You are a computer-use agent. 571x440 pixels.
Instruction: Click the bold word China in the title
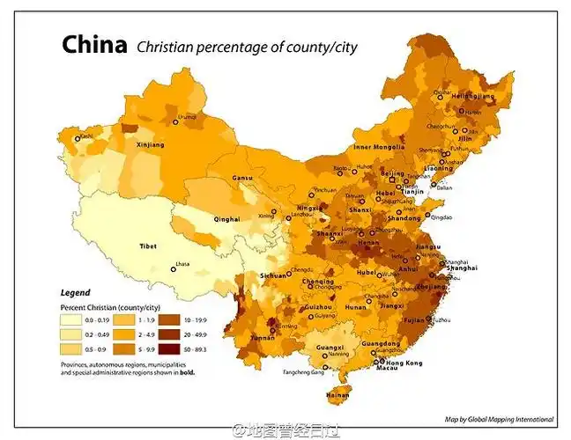tap(94, 46)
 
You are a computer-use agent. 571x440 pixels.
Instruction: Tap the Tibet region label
tap(148, 246)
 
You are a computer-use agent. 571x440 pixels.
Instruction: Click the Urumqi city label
tap(187, 116)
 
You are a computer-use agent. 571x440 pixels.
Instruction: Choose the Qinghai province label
tap(226, 218)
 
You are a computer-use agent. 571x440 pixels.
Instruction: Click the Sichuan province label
tap(273, 275)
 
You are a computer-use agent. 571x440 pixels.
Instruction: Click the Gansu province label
tap(242, 179)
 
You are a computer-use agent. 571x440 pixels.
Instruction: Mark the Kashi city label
tap(85, 136)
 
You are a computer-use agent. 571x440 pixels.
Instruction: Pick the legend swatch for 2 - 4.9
tap(121, 334)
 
